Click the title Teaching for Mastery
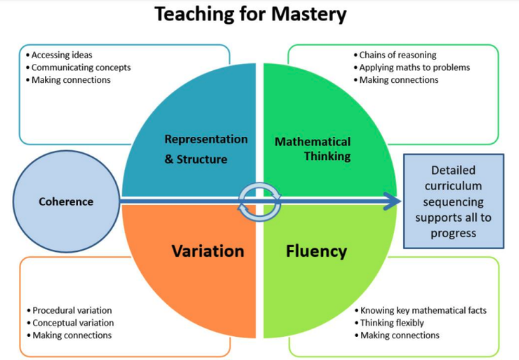(x=250, y=14)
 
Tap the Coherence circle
(x=66, y=201)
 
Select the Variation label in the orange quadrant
(x=208, y=251)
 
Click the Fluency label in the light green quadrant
(x=316, y=251)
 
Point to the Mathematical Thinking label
(x=313, y=149)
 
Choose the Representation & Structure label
(x=205, y=149)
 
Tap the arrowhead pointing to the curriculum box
(x=392, y=202)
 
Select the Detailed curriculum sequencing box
(x=453, y=201)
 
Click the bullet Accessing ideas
(x=62, y=55)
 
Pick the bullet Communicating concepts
(x=81, y=67)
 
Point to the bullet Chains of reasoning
(x=398, y=55)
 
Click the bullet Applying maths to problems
(x=414, y=67)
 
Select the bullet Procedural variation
(x=72, y=310)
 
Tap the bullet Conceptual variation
(x=73, y=323)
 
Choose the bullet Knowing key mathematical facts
(x=423, y=310)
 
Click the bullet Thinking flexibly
(x=393, y=323)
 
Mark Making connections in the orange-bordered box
(x=72, y=335)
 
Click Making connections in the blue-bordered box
(x=71, y=80)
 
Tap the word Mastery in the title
(x=306, y=14)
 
